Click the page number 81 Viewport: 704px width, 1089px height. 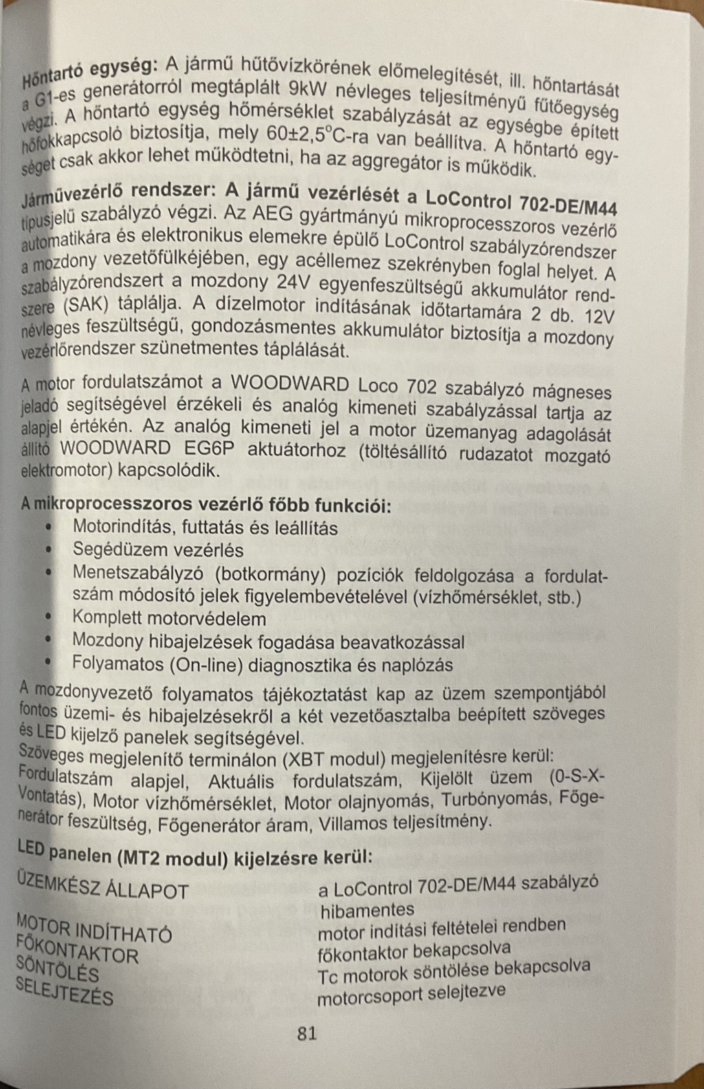(307, 1033)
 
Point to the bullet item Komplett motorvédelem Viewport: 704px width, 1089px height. (169, 618)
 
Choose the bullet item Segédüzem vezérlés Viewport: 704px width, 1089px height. (158, 550)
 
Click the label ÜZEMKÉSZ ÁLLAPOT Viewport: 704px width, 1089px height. (102, 887)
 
